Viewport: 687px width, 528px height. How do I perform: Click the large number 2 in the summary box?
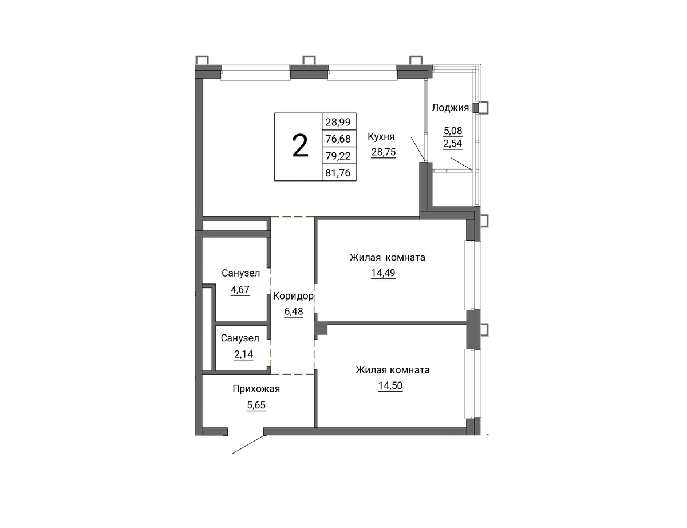[x=300, y=146]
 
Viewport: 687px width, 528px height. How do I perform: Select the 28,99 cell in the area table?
[x=338, y=122]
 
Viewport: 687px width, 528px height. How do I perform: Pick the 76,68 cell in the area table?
[x=338, y=139]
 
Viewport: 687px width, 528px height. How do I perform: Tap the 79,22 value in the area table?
[x=338, y=156]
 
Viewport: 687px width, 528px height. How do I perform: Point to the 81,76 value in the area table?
[x=338, y=173]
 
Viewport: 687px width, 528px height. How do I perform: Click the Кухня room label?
[x=381, y=137]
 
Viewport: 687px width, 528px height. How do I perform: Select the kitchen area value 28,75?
[x=384, y=152]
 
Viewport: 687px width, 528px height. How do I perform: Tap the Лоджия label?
[x=450, y=108]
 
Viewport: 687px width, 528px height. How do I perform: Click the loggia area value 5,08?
[x=453, y=130]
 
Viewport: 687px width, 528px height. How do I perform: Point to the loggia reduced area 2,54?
[x=453, y=144]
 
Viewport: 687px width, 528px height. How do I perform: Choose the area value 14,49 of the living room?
[x=383, y=273]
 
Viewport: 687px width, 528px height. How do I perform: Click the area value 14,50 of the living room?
[x=390, y=386]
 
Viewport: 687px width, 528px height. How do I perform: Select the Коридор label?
[x=293, y=296]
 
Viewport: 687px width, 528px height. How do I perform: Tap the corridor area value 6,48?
[x=294, y=312]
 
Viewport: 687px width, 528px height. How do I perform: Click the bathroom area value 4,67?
[x=240, y=290]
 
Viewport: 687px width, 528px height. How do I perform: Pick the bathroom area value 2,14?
[x=243, y=354]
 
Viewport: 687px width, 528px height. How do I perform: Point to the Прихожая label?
[x=256, y=389]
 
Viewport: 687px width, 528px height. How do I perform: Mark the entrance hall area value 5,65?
[x=256, y=405]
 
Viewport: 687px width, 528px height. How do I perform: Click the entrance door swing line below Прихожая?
[x=248, y=444]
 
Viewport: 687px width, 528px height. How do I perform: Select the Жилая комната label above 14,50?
[x=393, y=369]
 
